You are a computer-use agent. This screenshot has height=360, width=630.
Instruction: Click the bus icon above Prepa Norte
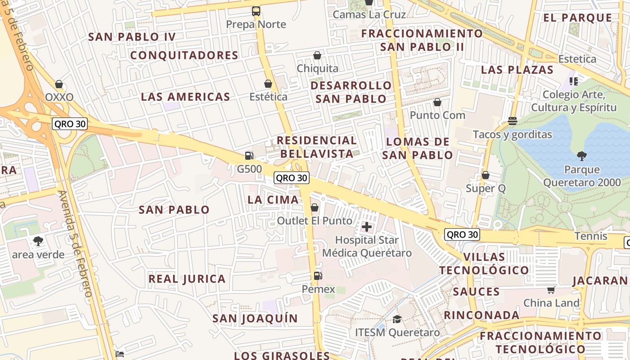256,11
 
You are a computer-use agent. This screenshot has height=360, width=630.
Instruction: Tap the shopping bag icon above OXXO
59,84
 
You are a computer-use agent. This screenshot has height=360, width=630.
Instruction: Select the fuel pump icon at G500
249,156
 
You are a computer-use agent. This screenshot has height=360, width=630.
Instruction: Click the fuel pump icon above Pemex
318,275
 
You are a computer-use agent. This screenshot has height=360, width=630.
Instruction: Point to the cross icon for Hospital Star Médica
367,226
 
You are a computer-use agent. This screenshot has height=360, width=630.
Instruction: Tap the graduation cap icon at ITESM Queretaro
397,319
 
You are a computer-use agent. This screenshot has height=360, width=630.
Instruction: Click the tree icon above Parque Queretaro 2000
582,156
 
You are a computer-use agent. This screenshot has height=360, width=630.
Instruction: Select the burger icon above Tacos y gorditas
512,121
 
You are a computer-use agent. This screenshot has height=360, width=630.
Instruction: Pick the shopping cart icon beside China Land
551,289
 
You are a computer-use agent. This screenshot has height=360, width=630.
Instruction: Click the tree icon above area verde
38,241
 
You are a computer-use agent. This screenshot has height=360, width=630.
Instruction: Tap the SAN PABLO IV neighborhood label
132,37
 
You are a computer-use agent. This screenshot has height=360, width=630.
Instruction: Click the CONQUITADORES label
184,55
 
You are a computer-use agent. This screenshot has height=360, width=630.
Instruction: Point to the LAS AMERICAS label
185,97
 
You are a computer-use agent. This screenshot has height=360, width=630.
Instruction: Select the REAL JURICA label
187,279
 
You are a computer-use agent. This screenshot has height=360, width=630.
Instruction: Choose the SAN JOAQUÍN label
255,319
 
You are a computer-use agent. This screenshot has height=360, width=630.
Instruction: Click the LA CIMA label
273,199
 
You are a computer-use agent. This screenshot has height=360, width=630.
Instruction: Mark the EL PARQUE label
578,18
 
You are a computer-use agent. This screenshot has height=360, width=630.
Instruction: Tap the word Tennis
591,236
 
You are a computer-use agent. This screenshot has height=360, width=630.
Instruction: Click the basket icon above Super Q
486,175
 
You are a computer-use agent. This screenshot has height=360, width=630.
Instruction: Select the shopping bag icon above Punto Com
437,102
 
